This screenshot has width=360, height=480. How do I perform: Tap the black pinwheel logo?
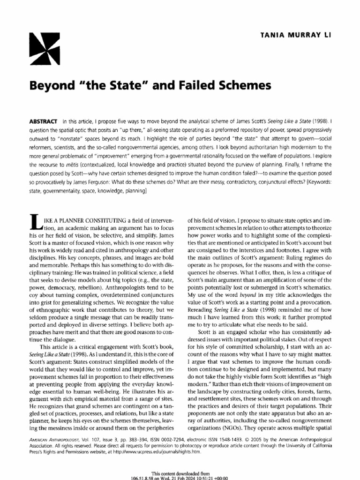pyautogui.click(x=45, y=49)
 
